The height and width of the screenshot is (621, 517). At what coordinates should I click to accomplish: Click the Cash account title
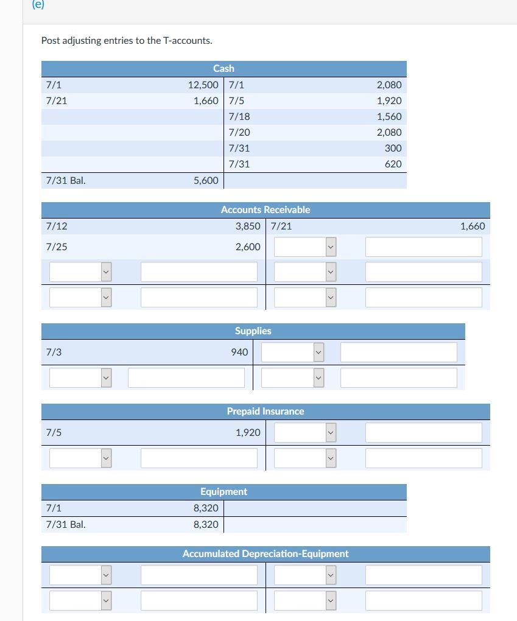223,68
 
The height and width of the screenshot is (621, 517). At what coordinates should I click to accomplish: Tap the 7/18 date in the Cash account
239,116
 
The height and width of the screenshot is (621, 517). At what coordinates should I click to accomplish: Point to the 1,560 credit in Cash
389,116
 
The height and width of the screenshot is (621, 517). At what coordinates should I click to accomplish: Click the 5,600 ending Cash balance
206,180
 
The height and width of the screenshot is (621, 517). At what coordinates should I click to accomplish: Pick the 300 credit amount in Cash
393,148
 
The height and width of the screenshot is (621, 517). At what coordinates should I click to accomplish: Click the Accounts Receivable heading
265,209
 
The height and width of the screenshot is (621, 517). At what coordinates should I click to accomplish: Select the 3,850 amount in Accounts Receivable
247,226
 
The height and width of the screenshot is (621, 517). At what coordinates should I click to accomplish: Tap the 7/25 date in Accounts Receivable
57,247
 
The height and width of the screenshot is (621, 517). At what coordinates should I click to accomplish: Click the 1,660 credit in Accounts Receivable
473,226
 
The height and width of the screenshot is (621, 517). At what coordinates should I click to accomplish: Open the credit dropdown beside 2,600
305,247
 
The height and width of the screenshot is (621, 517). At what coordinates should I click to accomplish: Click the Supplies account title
253,331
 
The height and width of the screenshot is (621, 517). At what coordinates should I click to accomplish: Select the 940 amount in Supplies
239,352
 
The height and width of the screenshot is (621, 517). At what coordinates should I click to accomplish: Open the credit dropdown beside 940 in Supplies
292,352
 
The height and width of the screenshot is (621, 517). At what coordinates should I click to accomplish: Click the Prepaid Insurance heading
265,411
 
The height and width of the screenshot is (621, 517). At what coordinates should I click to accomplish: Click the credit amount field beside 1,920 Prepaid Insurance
423,432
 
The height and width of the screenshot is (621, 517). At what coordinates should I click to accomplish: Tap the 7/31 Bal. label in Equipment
66,524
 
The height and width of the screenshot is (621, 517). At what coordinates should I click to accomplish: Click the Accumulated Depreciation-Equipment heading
265,553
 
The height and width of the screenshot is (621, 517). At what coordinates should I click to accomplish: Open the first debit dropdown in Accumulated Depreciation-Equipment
80,575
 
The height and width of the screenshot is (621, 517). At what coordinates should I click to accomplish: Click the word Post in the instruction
51,41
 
